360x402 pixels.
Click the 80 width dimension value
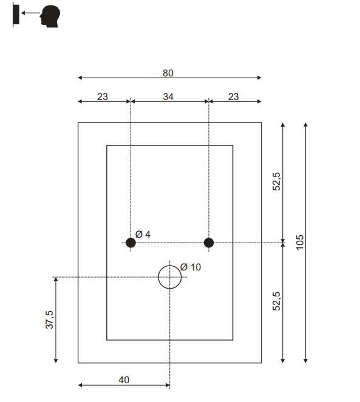click(x=168, y=73)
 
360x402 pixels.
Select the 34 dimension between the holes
click(x=168, y=96)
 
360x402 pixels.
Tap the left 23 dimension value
click(x=102, y=96)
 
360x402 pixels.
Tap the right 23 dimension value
click(x=233, y=96)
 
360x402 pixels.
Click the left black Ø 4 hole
click(x=131, y=243)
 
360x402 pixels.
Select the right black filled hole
click(x=209, y=243)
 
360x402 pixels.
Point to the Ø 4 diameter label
click(x=143, y=234)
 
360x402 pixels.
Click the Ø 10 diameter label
click(x=191, y=267)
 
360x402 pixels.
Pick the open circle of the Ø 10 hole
click(x=170, y=266)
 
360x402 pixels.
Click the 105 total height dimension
click(x=300, y=243)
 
